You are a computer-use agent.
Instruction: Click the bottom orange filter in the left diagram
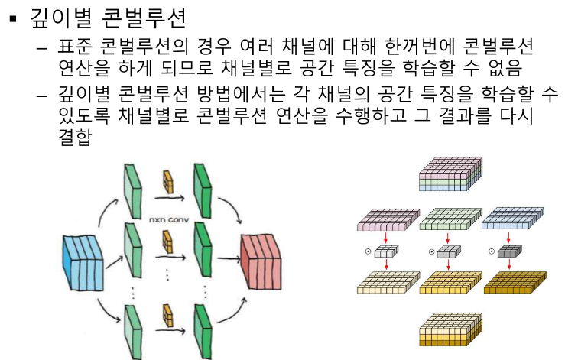[168, 316]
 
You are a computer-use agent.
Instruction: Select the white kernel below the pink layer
[385, 251]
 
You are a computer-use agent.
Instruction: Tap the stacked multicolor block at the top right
[451, 174]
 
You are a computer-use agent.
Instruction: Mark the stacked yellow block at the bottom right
[451, 331]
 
